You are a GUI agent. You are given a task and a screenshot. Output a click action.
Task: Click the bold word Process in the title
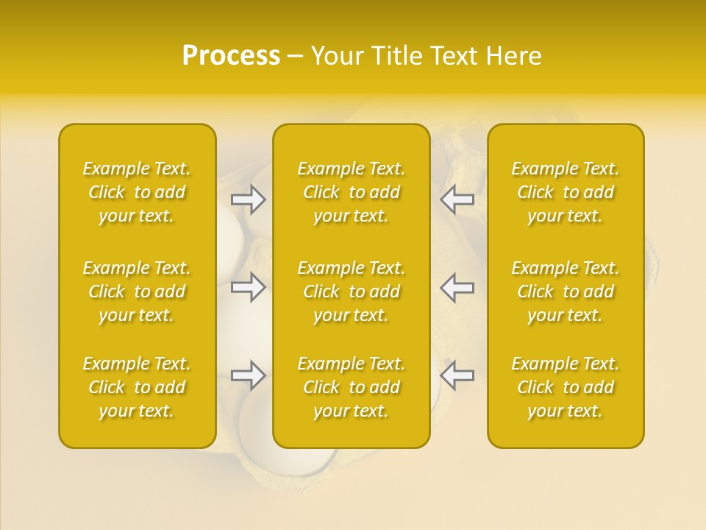coord(231,56)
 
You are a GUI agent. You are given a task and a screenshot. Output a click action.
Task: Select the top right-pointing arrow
coord(249,199)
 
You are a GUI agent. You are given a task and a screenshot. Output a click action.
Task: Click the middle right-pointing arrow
coord(249,287)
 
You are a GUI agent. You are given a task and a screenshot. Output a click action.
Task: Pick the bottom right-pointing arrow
coord(249,375)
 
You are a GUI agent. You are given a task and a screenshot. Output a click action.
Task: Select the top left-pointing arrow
coord(457,199)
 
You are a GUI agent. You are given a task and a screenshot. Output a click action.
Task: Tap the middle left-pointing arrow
coord(457,287)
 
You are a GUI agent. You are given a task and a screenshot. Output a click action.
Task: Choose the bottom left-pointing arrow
coord(457,375)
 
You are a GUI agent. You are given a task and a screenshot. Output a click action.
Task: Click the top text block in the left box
coord(137,192)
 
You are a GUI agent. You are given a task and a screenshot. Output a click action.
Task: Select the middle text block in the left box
coord(137,291)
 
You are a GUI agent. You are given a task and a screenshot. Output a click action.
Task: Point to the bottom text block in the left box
coord(137,387)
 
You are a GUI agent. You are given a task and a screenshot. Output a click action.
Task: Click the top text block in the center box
coord(352,192)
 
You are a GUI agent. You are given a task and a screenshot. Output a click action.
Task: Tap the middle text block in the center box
coord(352,291)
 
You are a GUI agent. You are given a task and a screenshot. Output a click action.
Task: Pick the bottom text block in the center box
coord(352,387)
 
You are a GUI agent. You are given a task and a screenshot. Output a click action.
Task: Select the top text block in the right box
coord(566,192)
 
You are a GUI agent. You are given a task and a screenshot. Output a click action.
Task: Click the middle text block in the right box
coord(566,291)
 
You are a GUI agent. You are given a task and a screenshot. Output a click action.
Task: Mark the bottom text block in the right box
coord(566,387)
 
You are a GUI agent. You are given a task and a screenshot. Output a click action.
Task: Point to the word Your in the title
coord(338,56)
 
